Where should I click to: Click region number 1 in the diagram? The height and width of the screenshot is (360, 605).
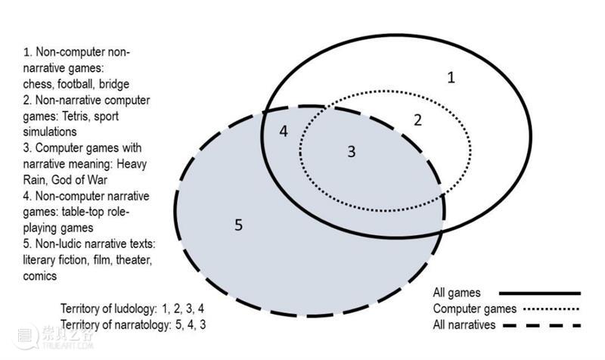pyautogui.click(x=451, y=77)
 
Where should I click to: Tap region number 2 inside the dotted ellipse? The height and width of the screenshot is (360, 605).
pyautogui.click(x=417, y=119)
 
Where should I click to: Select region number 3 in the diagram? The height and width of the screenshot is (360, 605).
pyautogui.click(x=351, y=151)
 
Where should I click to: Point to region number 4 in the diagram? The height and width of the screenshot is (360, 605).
pyautogui.click(x=283, y=131)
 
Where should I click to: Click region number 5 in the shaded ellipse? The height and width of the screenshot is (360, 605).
pyautogui.click(x=238, y=225)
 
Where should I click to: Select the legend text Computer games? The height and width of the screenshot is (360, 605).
pyautogui.click(x=473, y=309)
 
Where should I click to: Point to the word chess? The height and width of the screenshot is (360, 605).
pyautogui.click(x=38, y=85)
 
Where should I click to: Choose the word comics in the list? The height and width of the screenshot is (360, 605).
pyautogui.click(x=40, y=275)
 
